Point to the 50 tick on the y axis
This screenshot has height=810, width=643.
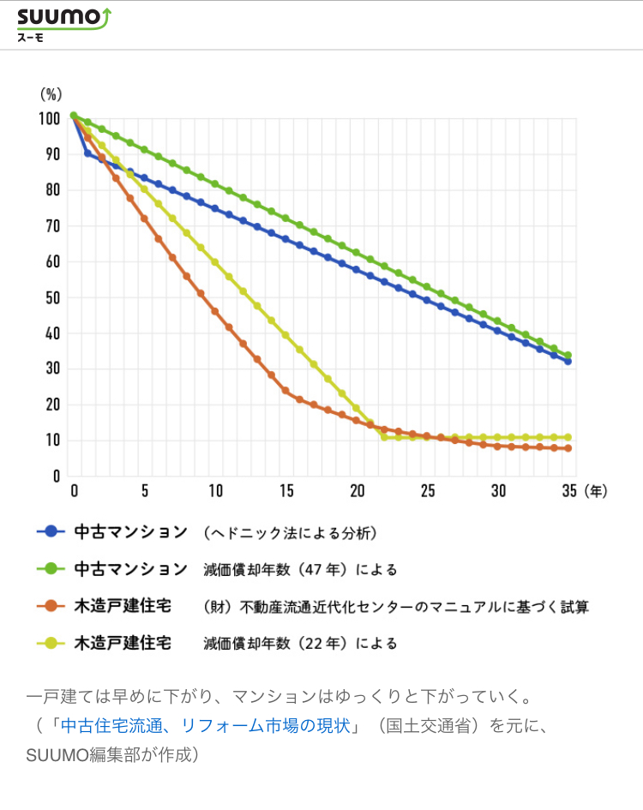[52, 297]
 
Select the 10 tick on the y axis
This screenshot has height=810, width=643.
[52, 440]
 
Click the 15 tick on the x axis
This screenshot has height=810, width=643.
[286, 491]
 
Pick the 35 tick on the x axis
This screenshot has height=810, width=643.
[568, 491]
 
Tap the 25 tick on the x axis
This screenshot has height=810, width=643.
[428, 491]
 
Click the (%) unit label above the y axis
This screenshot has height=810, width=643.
[51, 93]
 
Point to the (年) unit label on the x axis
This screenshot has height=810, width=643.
[597, 491]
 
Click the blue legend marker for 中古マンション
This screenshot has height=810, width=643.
[51, 531]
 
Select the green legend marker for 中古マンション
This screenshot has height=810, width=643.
[51, 568]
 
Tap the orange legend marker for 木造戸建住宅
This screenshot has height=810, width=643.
[51, 606]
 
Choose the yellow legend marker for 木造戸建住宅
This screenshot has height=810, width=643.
[51, 642]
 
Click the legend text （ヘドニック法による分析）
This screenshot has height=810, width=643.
[290, 532]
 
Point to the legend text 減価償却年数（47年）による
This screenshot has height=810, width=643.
[300, 569]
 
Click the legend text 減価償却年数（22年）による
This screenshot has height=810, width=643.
[300, 643]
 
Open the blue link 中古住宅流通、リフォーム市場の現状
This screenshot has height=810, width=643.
[205, 725]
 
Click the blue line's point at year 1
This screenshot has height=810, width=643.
[87, 153]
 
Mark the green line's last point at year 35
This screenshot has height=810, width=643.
[568, 356]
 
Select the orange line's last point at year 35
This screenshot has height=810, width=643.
[568, 448]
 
